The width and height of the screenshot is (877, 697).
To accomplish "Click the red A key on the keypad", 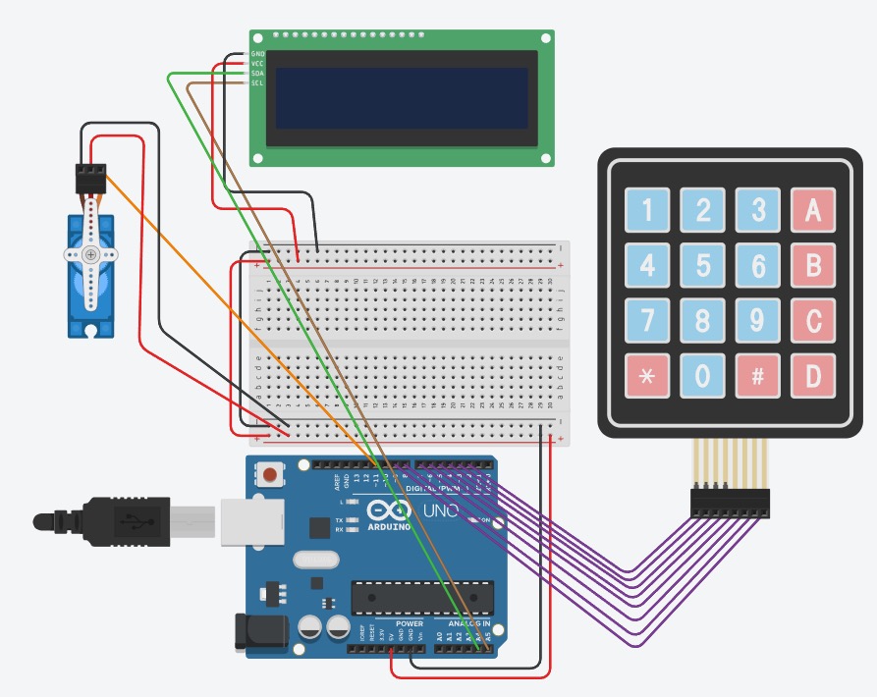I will [x=812, y=210].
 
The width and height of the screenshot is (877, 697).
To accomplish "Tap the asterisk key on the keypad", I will [x=647, y=376].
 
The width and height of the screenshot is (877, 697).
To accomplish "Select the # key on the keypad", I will [x=757, y=376].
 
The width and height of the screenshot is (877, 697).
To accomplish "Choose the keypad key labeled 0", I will [x=702, y=376].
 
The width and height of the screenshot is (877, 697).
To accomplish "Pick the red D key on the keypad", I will [x=812, y=376].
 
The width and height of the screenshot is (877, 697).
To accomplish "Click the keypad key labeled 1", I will [x=647, y=210].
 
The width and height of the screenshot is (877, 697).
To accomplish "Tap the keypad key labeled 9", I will [x=757, y=320].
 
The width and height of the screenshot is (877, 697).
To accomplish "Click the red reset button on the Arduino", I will [x=268, y=476].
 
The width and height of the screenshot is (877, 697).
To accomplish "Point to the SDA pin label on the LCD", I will [x=257, y=74].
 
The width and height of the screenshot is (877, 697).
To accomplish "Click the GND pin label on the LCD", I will [x=257, y=53].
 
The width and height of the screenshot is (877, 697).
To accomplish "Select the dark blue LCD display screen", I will [x=404, y=98].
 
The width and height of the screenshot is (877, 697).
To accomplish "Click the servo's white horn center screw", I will [x=90, y=254].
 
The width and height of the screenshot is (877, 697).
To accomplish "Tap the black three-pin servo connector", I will [x=90, y=178].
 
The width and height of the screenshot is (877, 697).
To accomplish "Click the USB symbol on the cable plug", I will [x=128, y=520].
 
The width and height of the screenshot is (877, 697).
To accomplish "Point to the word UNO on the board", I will [x=434, y=511].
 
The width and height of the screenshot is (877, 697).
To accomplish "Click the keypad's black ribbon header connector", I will [x=730, y=503].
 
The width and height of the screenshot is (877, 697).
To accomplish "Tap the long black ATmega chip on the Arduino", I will [x=421, y=596].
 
